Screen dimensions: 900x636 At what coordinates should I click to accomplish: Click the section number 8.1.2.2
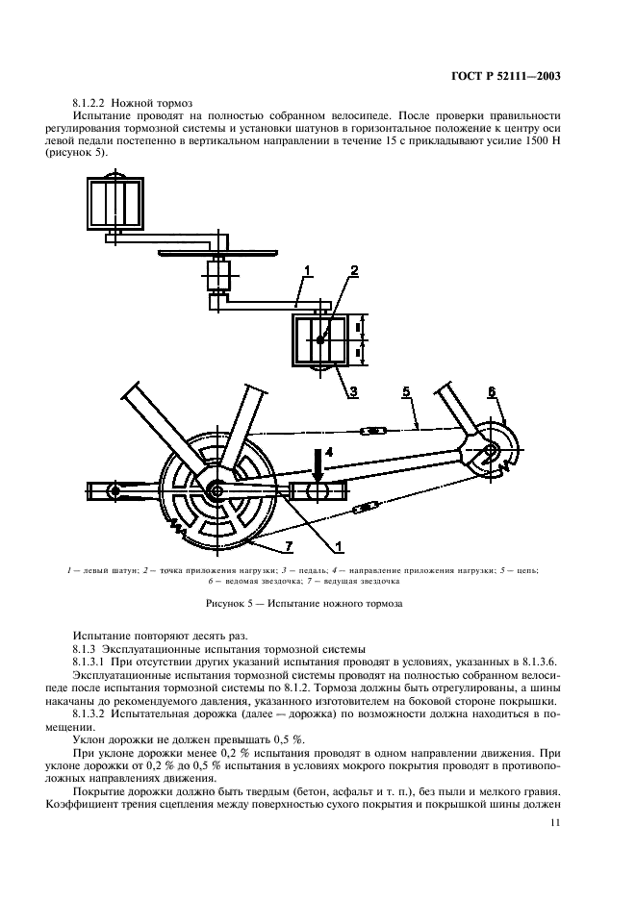95,102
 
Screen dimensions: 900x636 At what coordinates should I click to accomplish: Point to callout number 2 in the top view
353,271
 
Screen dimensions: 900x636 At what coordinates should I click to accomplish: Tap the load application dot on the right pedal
321,337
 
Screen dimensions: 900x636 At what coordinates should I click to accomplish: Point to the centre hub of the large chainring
213,490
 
